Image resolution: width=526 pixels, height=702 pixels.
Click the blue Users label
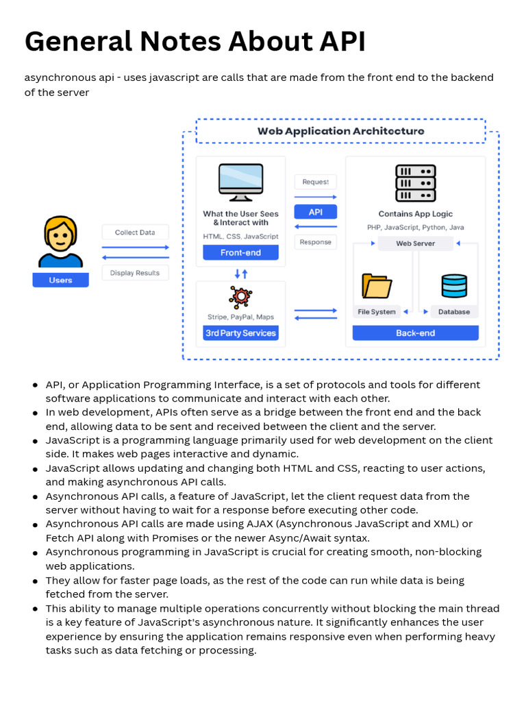[60, 280]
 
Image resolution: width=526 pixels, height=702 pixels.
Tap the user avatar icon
[60, 242]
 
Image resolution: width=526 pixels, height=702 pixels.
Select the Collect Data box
[135, 232]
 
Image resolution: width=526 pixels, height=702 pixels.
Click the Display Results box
[135, 273]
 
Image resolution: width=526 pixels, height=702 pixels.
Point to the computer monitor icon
[240, 182]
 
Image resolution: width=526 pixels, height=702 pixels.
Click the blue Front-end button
[240, 252]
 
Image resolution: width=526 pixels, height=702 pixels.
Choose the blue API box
[315, 212]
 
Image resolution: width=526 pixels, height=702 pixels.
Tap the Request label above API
[315, 182]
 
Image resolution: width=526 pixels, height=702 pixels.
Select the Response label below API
[315, 242]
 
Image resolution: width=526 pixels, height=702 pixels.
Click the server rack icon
[415, 182]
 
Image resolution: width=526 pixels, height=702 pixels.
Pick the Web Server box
[415, 243]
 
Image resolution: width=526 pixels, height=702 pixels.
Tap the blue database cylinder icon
[454, 285]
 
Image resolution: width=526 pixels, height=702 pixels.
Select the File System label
[377, 312]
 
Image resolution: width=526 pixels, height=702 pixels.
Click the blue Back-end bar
[415, 333]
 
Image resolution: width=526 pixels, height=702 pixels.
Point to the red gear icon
[240, 296]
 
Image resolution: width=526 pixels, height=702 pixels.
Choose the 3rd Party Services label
[240, 333]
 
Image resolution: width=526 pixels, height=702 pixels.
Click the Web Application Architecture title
[340, 131]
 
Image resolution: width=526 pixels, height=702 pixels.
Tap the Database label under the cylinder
[454, 312]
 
